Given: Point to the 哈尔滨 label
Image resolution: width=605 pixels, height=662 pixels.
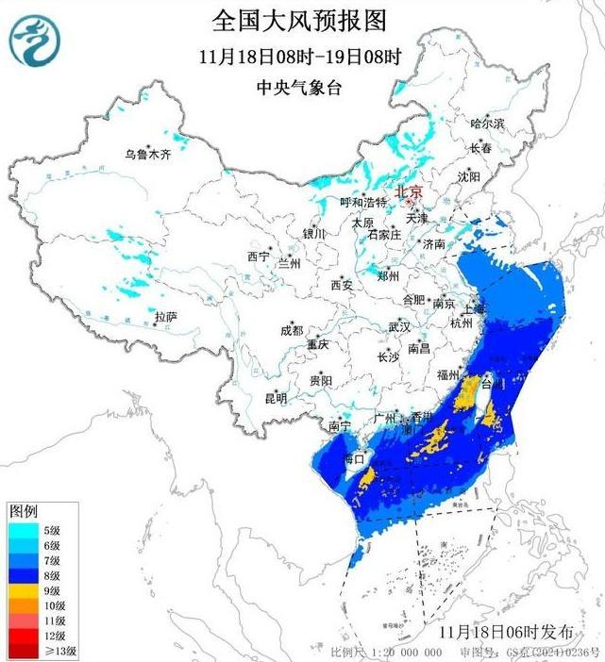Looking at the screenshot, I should point(487,124).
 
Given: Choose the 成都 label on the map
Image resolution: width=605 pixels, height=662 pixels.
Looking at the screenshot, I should point(292,330).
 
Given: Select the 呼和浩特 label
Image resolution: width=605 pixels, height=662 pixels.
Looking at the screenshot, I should point(363,203).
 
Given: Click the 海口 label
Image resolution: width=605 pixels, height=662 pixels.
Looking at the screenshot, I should point(353,458).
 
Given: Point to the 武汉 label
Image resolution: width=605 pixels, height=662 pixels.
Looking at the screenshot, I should point(399,327).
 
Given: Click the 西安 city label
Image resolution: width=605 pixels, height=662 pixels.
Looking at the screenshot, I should point(341,285).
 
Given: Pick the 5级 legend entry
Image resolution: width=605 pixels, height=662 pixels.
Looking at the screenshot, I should point(49,530).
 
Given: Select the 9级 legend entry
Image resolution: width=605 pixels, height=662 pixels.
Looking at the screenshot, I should point(49,588).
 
